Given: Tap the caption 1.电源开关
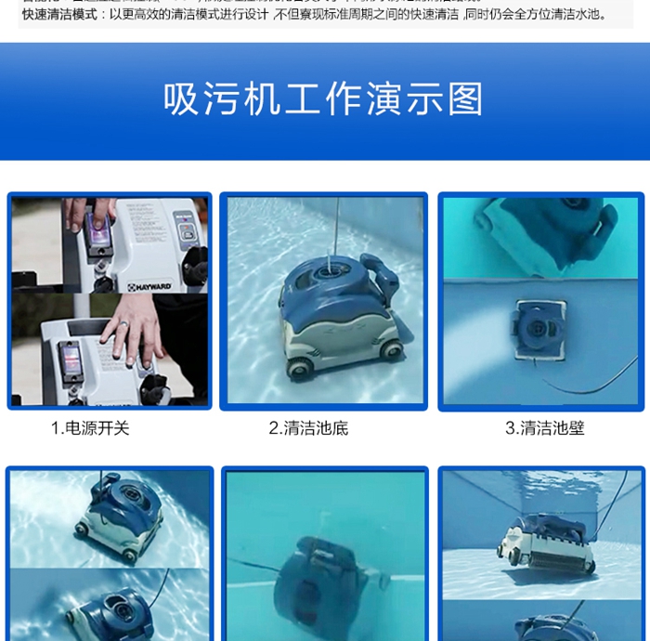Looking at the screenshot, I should tap(90, 428).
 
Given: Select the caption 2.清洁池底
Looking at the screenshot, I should tap(308, 428).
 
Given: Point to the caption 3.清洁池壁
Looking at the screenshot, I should tap(545, 428).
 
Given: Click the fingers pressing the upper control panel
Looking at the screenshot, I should tap(93, 212).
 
